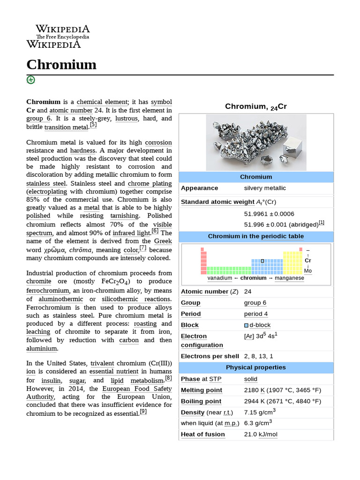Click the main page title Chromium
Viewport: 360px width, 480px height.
(61, 64)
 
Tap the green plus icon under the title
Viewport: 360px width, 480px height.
(30, 80)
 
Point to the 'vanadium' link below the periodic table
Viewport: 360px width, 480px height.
(219, 278)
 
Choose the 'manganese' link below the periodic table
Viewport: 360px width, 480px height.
(289, 278)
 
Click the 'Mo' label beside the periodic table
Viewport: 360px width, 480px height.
(307, 270)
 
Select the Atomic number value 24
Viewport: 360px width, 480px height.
(247, 292)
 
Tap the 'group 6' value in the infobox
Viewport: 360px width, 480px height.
(255, 303)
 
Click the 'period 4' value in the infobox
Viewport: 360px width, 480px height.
(255, 314)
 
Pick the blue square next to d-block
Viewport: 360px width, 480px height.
(247, 325)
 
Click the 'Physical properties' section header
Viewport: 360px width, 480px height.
(255, 367)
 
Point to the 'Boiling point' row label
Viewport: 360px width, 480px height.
(201, 401)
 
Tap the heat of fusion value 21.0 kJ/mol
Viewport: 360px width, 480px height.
(261, 435)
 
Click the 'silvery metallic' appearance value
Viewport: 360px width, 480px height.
(265, 188)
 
